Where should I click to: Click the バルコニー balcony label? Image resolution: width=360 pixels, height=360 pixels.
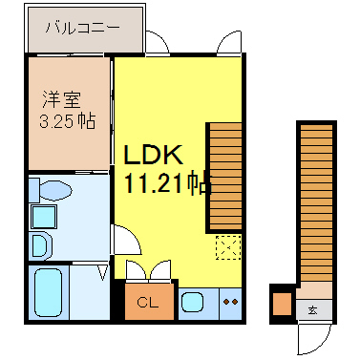(x=82, y=28)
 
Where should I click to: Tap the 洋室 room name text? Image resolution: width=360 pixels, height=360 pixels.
(x=62, y=99)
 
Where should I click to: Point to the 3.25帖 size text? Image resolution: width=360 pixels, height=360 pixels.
(x=68, y=121)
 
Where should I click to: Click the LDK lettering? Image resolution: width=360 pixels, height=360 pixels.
(x=154, y=155)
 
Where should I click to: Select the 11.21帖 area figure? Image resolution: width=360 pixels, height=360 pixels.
(x=168, y=183)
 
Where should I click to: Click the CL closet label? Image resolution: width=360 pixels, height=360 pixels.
(x=148, y=303)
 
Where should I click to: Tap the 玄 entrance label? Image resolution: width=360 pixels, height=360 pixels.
(x=312, y=309)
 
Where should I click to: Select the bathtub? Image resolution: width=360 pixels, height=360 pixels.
(x=48, y=292)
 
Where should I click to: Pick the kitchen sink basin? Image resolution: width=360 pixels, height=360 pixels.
(x=192, y=303)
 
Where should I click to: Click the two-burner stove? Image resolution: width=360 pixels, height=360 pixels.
(x=231, y=302)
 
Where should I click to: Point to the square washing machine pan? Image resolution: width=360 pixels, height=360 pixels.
(x=44, y=217)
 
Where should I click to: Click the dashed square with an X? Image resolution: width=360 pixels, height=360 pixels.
(x=228, y=247)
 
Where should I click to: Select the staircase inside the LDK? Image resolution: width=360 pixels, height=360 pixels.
(x=225, y=177)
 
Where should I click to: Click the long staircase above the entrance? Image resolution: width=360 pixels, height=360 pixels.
(x=316, y=202)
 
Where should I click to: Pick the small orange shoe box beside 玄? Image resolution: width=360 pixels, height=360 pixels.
(x=283, y=304)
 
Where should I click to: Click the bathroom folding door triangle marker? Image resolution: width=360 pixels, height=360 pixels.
(x=103, y=273)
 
